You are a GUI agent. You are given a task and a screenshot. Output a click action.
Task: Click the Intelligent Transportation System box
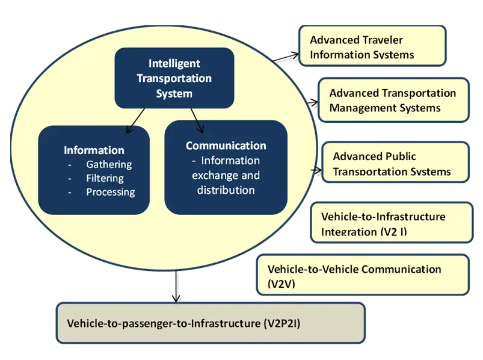[174, 78]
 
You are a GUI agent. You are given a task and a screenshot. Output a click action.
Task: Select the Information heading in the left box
[94, 150]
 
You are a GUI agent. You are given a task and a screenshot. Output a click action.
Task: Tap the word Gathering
[109, 164]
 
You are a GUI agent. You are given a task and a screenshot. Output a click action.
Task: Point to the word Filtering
[105, 178]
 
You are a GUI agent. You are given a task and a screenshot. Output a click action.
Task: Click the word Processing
[110, 192]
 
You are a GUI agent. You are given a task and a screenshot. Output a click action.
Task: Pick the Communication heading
[226, 146]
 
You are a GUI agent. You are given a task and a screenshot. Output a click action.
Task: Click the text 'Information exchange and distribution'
[226, 175]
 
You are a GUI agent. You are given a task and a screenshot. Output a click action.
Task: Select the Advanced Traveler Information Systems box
[372, 47]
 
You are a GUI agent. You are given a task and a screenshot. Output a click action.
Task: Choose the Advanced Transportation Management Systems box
[392, 100]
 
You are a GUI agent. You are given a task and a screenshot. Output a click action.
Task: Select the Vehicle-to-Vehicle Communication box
[362, 276]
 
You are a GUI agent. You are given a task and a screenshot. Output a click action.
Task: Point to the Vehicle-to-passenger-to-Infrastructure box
[211, 323]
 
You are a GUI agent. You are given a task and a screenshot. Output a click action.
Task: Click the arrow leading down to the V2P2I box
[176, 288]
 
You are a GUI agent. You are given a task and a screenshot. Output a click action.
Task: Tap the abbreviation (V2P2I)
[282, 324]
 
